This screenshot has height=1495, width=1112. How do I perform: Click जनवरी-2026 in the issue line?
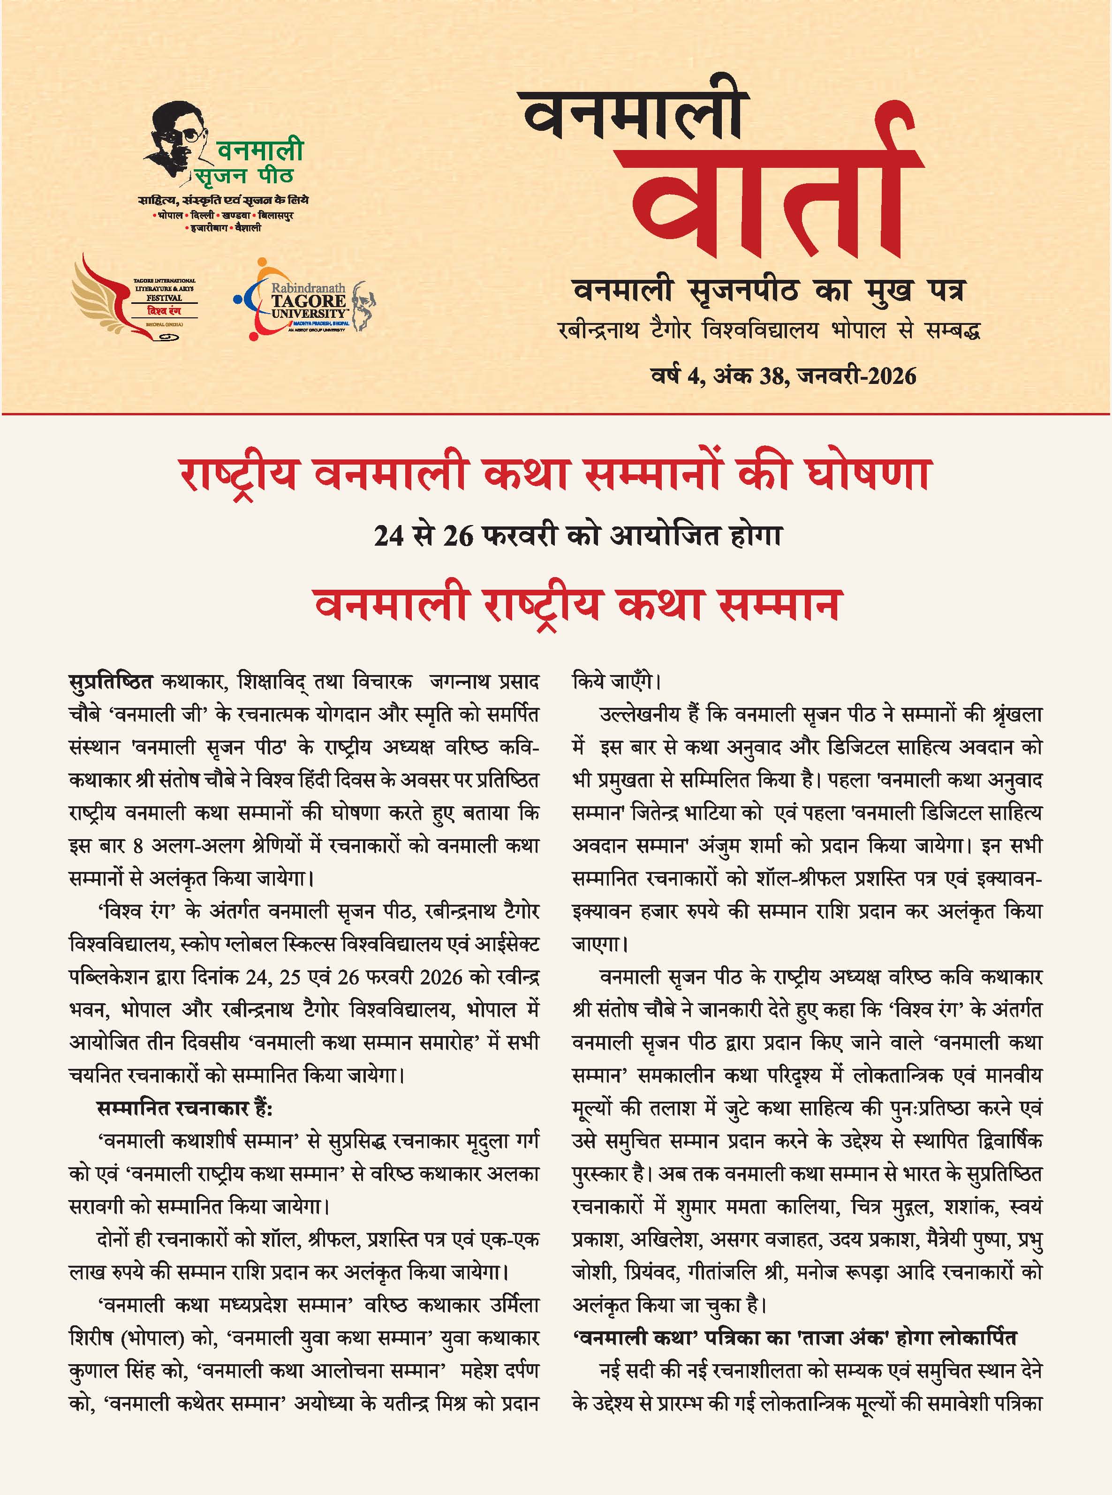855,376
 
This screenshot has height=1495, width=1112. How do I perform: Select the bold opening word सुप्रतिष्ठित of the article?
111,682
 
